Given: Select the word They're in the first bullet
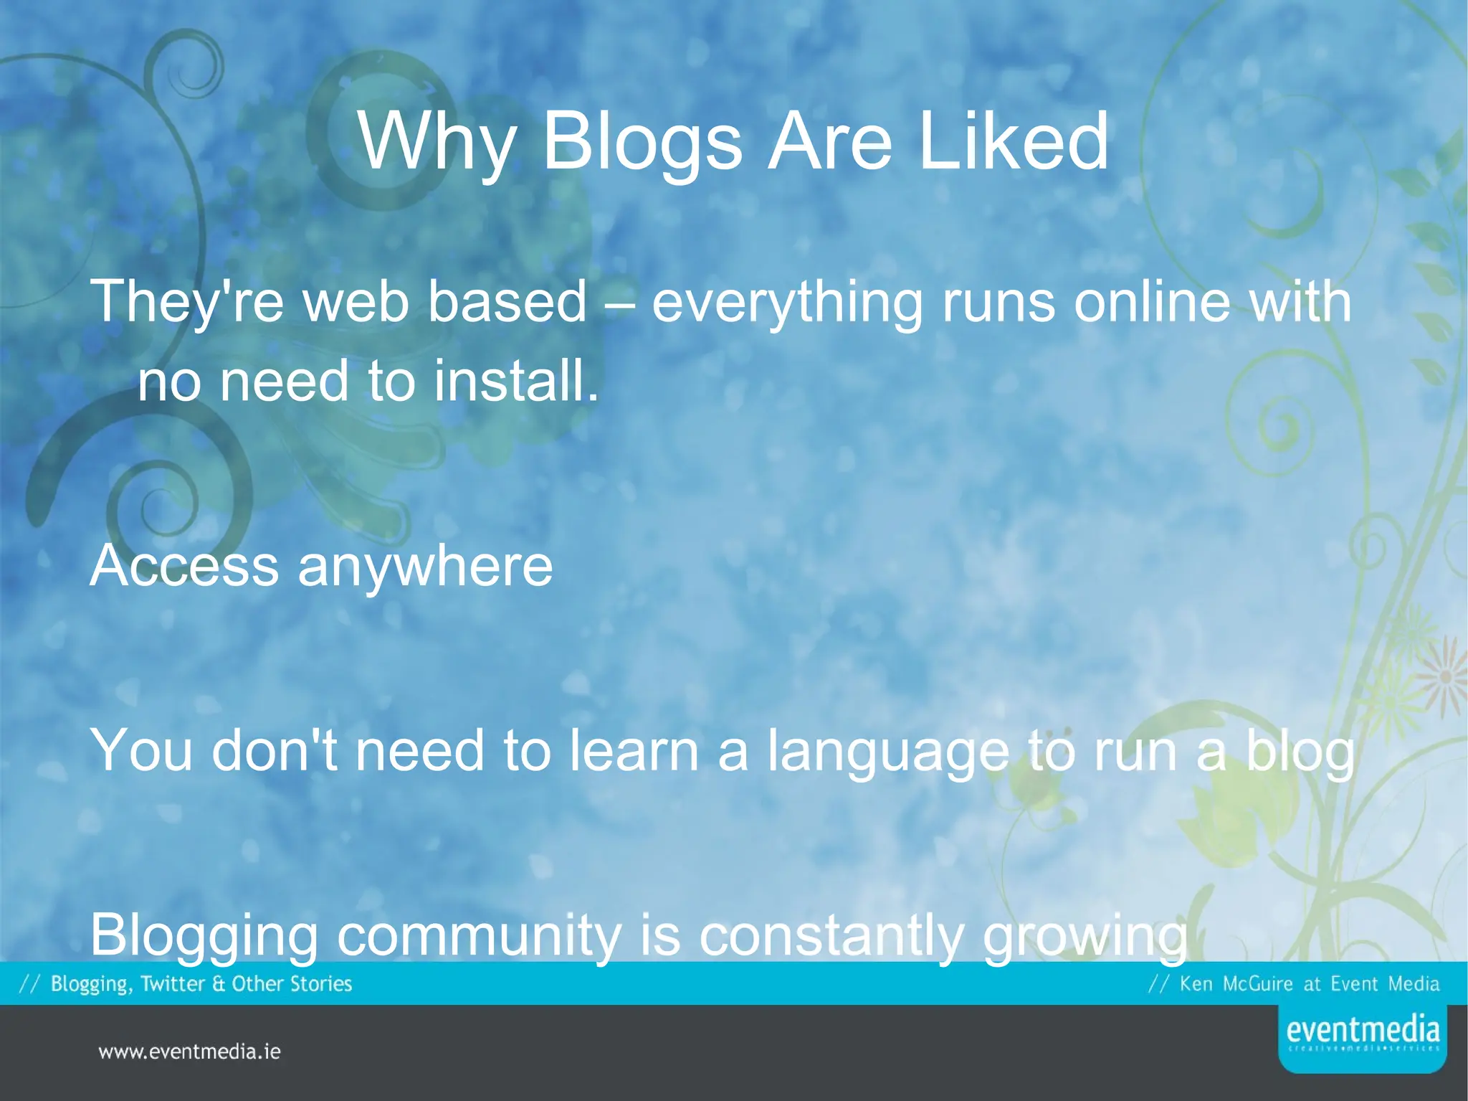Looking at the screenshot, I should [186, 302].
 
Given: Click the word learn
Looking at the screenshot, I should [634, 750].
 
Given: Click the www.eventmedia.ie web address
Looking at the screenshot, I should [189, 1052].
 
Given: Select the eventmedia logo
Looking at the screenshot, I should [1362, 1036].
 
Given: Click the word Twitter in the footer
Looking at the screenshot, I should [172, 983].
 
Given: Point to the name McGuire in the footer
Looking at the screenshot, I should [1257, 983].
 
